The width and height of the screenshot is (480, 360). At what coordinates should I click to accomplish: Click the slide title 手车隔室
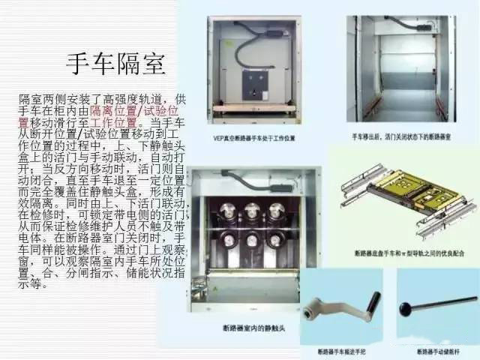pos(115,64)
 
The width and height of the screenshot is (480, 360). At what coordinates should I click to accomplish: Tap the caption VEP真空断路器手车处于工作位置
pos(254,139)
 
